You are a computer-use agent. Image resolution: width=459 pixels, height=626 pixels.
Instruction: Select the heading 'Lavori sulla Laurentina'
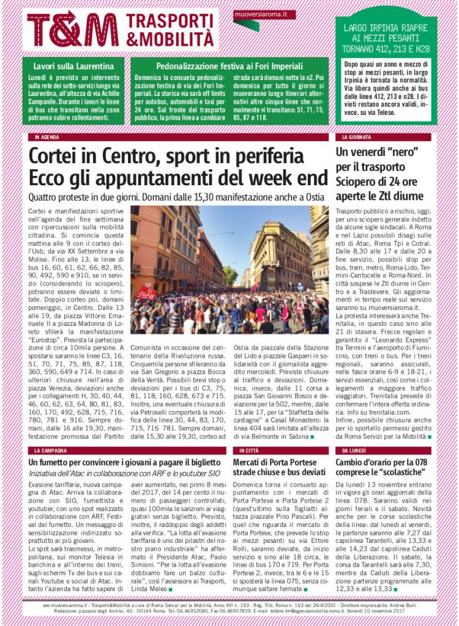tap(73, 66)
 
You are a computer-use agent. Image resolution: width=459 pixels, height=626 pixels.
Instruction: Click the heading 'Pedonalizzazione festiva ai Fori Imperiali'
tap(229, 66)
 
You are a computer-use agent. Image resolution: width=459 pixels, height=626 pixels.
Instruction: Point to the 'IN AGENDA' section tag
tap(47, 137)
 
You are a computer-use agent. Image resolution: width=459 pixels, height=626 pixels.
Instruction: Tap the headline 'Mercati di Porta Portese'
tap(278, 462)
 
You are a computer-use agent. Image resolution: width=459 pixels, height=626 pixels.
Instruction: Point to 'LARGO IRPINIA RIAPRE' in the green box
tap(386, 28)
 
